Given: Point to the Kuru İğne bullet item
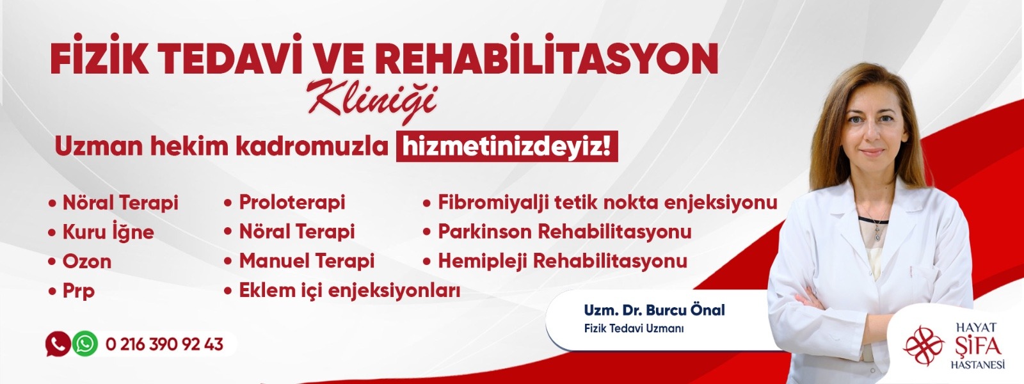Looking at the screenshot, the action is (102, 231).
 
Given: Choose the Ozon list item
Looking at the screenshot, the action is (80, 262).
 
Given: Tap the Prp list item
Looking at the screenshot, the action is (72, 291).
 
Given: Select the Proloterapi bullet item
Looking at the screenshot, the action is (284, 202).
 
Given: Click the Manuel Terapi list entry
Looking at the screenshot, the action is (299, 261).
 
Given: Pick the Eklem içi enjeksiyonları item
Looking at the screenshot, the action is (342, 291).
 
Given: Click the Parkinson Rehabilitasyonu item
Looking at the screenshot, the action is (557, 232).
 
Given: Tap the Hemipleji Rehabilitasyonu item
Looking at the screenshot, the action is (555, 262).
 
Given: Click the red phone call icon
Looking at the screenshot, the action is (58, 344).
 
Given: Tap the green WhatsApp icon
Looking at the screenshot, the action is (85, 344).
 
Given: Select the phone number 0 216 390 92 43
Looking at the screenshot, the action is (164, 344).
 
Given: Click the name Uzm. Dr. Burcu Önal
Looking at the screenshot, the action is (654, 310).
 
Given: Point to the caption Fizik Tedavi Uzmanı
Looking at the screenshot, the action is (634, 329).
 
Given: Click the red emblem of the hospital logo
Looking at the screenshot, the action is (924, 346).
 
